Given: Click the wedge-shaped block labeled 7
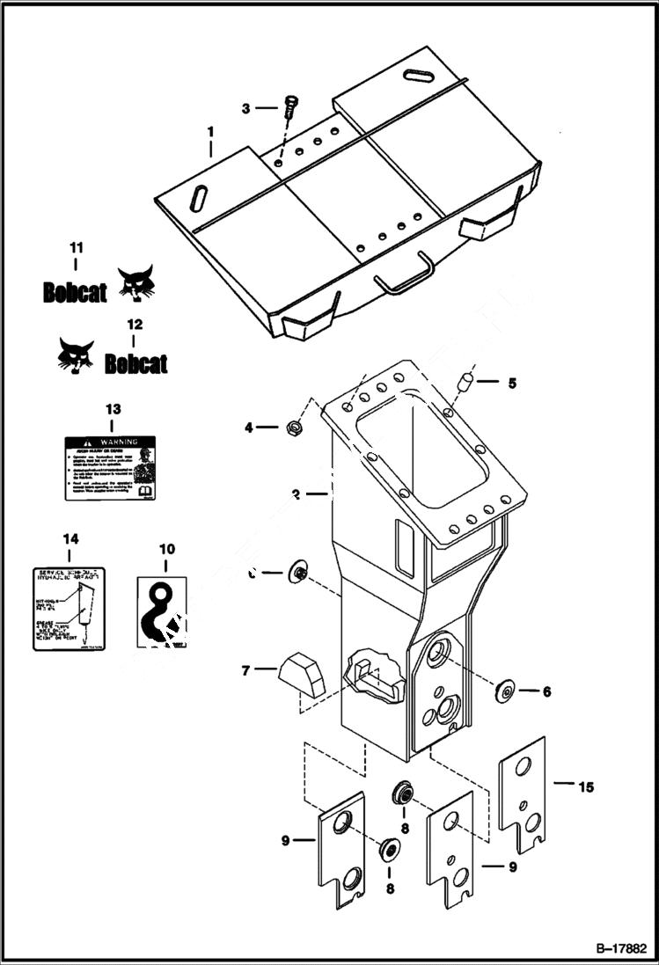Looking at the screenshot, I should (301, 673).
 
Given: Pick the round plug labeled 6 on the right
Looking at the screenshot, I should (506, 691).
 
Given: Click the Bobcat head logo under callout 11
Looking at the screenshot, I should (135, 283).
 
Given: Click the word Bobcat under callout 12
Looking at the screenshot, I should (135, 363).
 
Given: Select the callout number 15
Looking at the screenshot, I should (584, 786).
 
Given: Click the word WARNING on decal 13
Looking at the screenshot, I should (120, 441).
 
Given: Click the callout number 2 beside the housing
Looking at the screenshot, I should (297, 495).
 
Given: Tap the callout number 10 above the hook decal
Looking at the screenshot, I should (166, 549).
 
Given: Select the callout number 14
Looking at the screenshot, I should (70, 537).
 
